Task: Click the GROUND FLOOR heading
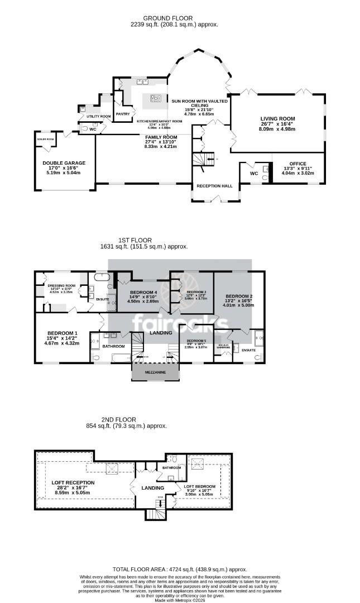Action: tap(180, 17)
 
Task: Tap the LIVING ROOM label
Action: tap(277, 119)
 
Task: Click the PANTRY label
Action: tap(122, 114)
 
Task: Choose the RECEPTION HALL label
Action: tap(214, 185)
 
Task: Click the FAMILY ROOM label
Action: tap(161, 137)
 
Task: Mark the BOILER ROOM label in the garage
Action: tap(45, 138)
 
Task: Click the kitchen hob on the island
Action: tap(156, 99)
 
